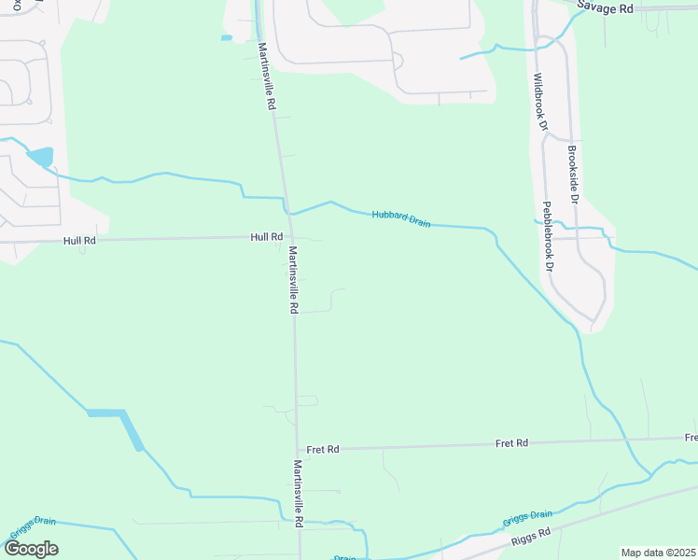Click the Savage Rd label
[x=605, y=7]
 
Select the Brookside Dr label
[x=574, y=175]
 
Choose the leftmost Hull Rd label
[x=79, y=240]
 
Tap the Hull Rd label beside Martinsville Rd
[x=266, y=237]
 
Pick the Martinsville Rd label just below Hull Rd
[x=293, y=280]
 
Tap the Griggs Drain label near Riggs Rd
[x=527, y=516]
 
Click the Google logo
[x=31, y=549]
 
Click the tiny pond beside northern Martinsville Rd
[x=226, y=38]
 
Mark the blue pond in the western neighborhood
[x=41, y=157]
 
